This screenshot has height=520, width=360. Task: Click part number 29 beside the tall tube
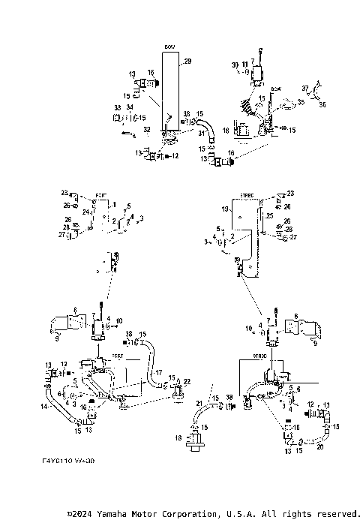coord(187,60)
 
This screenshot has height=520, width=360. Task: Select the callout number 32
coord(146,130)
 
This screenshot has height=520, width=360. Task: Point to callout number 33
coord(118,108)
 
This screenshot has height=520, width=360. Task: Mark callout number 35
coord(300,101)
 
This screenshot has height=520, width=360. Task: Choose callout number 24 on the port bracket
coord(86,212)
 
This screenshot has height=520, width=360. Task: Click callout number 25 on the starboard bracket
coord(270,216)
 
